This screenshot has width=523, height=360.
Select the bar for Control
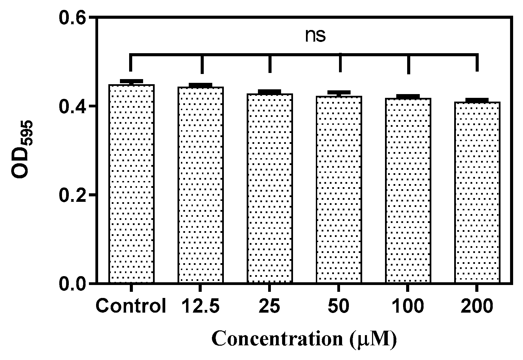132,184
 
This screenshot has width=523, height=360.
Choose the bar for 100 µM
408,191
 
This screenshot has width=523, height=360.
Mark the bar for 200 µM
477,193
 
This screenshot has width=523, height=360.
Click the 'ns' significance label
315,36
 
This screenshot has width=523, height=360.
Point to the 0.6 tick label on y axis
72,18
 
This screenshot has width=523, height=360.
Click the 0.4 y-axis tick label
72,106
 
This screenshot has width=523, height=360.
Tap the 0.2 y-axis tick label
72,195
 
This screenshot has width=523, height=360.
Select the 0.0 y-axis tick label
72,284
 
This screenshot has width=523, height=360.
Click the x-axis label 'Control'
131,306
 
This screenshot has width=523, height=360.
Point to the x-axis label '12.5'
200,306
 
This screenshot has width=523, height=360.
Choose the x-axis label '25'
270,306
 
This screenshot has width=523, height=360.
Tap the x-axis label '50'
339,306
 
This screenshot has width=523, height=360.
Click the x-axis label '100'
408,306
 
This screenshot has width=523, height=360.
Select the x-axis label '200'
477,306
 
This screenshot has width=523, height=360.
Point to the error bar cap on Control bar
132,81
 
